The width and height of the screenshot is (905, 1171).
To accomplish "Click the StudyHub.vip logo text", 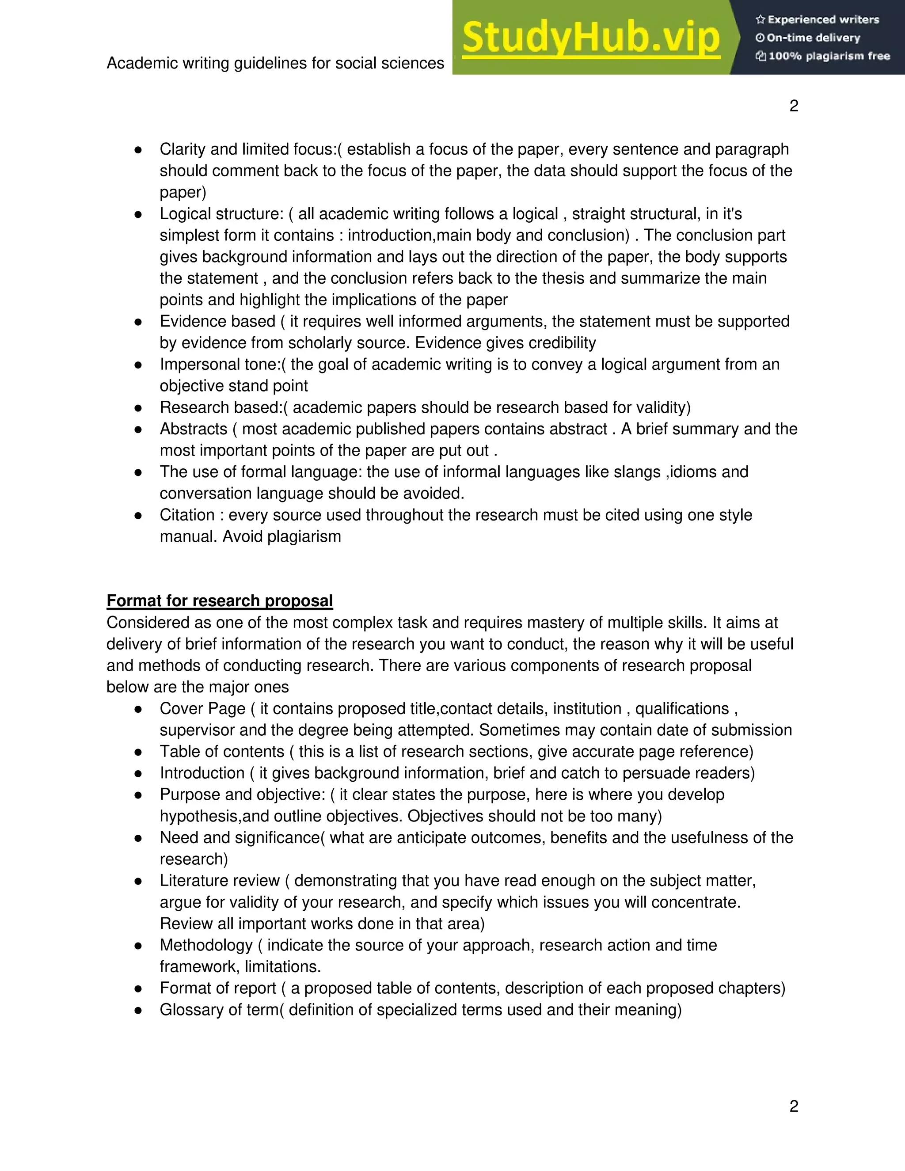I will coord(590,38).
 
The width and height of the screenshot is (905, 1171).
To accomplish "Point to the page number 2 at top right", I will coord(794,106).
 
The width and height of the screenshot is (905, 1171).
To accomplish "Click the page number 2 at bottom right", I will coord(794,1106).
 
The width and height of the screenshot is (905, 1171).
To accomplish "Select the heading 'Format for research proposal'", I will coord(219,601).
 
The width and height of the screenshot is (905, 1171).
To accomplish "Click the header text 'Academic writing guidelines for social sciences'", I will coord(275,63).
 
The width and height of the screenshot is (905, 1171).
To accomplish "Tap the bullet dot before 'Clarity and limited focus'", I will coord(138,150).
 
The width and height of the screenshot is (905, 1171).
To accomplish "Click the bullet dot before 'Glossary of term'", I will coord(138,1010).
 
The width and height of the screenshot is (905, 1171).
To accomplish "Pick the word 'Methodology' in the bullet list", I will coord(206,945).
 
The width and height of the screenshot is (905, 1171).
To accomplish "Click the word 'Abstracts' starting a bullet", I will coord(194,429).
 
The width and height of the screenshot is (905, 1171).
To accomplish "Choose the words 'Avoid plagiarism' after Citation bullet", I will coord(281,537).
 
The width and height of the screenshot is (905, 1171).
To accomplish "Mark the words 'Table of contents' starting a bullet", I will coord(221,752).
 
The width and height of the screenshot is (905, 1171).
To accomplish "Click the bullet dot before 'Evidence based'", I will coord(138,322).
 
